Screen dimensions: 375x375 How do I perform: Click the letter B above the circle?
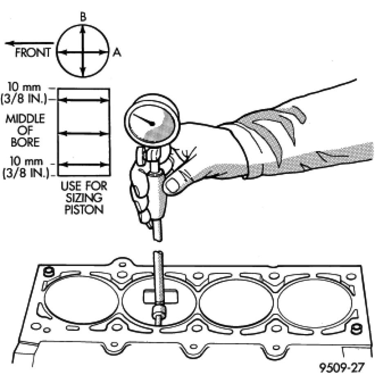click(x=83, y=18)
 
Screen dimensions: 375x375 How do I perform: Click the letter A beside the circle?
click(x=117, y=53)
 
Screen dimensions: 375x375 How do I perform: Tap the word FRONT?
click(x=33, y=53)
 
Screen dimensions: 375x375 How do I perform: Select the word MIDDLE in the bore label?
click(x=25, y=119)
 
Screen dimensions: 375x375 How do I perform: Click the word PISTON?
click(x=83, y=211)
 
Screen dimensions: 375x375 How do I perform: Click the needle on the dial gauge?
click(x=144, y=120)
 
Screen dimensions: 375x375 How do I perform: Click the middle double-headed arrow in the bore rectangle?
click(x=83, y=133)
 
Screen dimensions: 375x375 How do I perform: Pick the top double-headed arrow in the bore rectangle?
click(x=83, y=100)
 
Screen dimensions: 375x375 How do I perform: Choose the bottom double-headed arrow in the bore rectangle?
click(x=83, y=164)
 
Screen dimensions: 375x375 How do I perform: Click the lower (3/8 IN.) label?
click(x=25, y=173)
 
